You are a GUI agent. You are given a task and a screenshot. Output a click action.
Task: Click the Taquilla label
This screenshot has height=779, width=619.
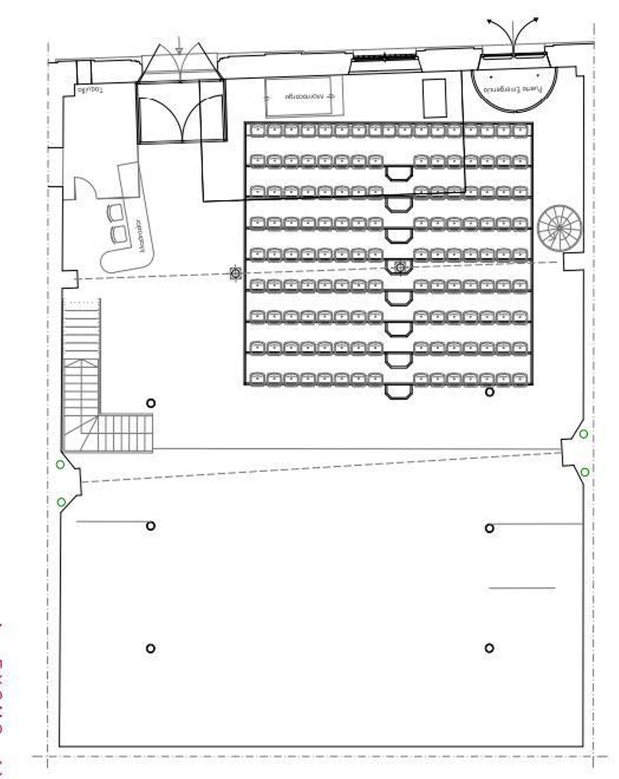click(91, 90)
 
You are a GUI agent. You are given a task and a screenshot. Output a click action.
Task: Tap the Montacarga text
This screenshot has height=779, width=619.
click(304, 96)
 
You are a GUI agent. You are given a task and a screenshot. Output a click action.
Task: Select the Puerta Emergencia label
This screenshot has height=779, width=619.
click(513, 89)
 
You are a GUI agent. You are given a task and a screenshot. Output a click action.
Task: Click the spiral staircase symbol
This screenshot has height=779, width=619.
click(559, 228)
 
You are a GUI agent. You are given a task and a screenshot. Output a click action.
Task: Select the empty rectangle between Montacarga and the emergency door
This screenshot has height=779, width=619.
click(434, 98)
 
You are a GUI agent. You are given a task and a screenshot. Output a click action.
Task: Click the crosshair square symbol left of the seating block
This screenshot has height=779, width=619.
click(235, 273)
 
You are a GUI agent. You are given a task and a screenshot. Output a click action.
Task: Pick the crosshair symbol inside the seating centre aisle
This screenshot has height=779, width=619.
click(400, 267)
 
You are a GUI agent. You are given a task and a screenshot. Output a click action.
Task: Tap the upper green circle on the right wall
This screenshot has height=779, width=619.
click(583, 434)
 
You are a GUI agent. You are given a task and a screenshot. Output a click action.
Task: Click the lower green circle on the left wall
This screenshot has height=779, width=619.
click(61, 502)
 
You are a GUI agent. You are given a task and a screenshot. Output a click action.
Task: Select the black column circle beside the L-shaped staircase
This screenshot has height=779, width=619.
click(151, 403)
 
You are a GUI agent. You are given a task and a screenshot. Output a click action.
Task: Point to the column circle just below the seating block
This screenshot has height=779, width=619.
click(489, 392)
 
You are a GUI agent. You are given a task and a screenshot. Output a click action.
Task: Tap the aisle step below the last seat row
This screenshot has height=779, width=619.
click(399, 391)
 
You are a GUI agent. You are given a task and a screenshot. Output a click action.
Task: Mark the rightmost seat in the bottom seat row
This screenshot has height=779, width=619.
click(520, 379)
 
